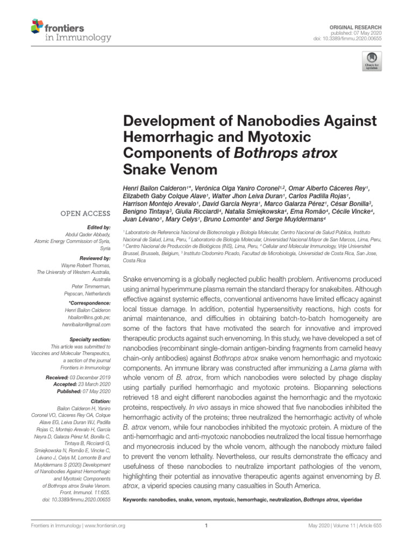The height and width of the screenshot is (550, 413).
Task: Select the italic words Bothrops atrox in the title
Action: tap(286, 153)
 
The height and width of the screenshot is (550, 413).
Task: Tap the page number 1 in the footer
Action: tap(206, 526)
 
